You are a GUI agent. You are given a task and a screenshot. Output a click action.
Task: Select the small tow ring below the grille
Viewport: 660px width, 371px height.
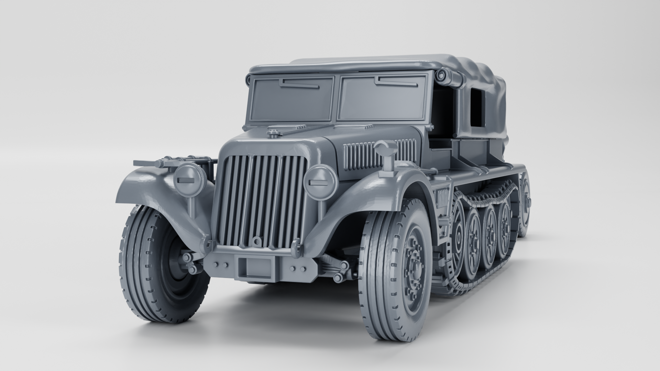[x=256, y=242]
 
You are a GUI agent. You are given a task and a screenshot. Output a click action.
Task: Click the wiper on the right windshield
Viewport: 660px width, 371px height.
[x=395, y=80]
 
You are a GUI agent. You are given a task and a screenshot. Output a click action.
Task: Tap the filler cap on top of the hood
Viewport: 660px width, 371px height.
[x=273, y=132]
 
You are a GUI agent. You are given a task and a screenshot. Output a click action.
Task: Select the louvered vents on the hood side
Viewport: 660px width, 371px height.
[x=378, y=155]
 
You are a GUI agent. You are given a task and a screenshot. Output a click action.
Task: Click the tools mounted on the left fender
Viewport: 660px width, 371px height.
[x=172, y=162]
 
